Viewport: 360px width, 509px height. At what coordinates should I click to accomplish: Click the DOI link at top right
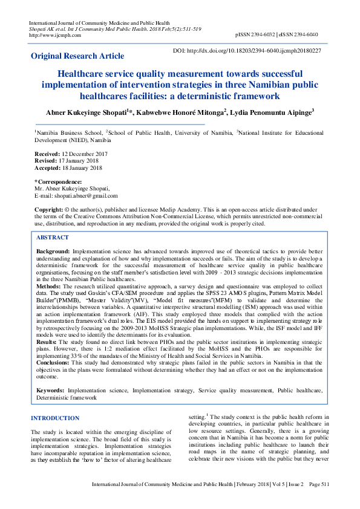[254, 51]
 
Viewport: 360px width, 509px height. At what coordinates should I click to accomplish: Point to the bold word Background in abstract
[53, 250]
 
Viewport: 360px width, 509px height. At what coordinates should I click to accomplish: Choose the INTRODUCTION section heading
[55, 418]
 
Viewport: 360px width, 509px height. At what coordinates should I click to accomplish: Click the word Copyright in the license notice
[49, 209]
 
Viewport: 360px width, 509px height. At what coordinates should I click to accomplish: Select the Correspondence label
[58, 182]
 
